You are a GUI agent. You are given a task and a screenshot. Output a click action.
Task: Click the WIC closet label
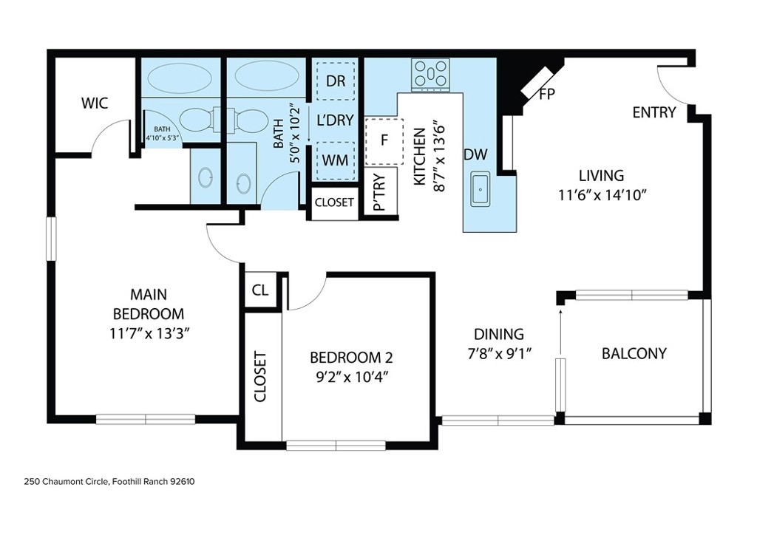[x=95, y=103]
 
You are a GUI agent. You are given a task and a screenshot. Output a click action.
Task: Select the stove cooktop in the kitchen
[x=430, y=75]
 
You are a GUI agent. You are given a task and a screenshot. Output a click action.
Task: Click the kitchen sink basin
[x=480, y=189]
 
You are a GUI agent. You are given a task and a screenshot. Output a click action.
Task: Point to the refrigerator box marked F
[x=384, y=141]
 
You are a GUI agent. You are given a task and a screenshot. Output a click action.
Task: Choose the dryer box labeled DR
[x=336, y=81]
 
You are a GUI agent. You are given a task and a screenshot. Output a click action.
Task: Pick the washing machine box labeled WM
[x=336, y=160]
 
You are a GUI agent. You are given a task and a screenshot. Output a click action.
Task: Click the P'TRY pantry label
[x=380, y=192]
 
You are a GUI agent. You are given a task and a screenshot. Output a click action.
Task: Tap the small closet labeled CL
[x=260, y=290]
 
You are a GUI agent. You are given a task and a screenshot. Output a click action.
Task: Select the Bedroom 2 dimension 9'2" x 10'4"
[x=352, y=377]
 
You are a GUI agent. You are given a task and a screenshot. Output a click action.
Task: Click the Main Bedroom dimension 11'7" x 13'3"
[x=149, y=333]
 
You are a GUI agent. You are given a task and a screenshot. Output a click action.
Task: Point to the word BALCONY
[x=634, y=354]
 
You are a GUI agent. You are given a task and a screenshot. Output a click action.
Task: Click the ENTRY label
[x=654, y=112]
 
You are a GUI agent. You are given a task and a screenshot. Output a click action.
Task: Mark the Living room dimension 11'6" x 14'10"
[x=602, y=195]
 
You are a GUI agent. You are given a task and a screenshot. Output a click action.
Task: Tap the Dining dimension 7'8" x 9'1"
[x=499, y=354]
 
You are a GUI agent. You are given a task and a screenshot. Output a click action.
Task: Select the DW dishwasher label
[x=475, y=154]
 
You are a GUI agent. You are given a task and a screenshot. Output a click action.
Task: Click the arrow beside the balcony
[x=560, y=333]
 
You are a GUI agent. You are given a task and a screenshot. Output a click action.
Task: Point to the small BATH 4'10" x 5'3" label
[x=162, y=134]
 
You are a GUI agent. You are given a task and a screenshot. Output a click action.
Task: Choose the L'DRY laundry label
[x=336, y=120]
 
